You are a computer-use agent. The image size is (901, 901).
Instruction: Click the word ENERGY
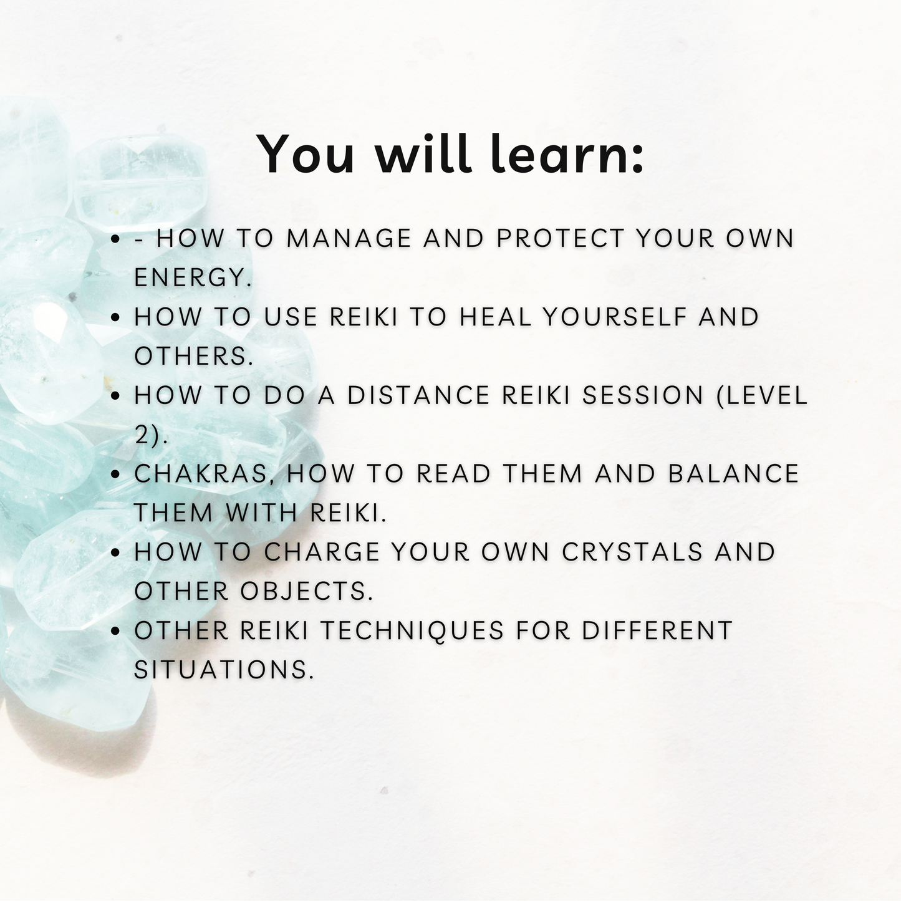(193, 278)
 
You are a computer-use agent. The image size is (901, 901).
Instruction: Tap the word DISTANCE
(418, 396)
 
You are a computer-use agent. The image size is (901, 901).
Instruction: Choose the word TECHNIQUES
(412, 631)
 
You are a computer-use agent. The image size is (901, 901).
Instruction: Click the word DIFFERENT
(657, 631)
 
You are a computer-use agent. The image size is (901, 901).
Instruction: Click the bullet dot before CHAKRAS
(115, 475)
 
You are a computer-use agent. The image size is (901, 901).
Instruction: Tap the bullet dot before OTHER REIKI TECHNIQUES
(115, 632)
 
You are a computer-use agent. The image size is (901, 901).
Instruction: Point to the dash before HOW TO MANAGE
(140, 239)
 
